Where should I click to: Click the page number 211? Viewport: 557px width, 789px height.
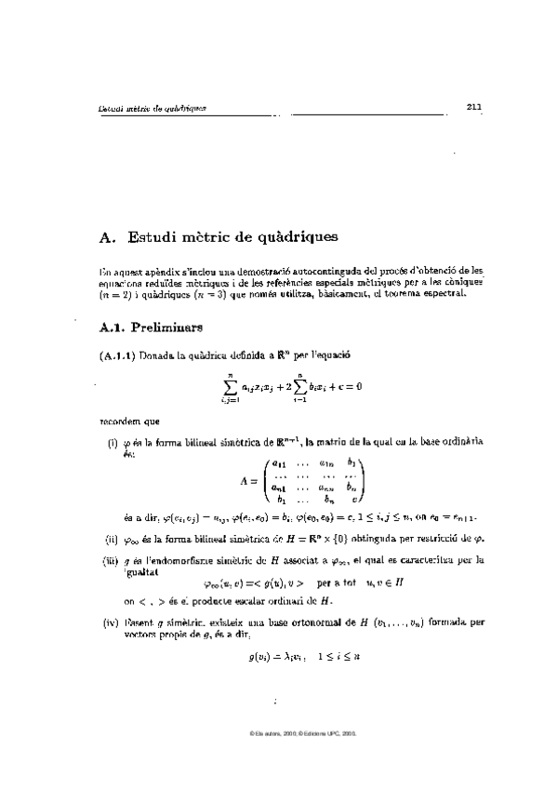[473, 106]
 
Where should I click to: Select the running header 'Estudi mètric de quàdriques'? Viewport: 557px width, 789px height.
[153, 108]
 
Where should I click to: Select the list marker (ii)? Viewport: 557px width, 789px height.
[109, 538]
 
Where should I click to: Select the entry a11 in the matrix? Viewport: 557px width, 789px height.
[278, 462]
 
